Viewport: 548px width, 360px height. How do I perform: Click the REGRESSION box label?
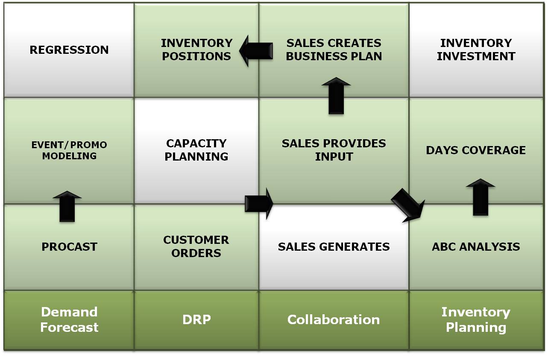click(x=69, y=50)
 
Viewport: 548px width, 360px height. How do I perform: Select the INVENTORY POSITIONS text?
click(x=196, y=50)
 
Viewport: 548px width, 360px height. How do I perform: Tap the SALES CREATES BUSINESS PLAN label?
click(x=334, y=50)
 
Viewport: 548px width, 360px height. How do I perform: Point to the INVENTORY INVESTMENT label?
click(x=476, y=50)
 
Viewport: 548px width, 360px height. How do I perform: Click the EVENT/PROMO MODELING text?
click(x=69, y=150)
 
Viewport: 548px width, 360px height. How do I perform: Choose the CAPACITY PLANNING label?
click(x=196, y=150)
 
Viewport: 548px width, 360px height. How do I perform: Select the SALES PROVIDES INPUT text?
click(x=334, y=150)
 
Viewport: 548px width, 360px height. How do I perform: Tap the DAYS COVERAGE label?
click(x=476, y=150)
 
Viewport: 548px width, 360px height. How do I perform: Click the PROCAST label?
click(x=69, y=247)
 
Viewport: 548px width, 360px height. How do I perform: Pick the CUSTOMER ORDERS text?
click(x=196, y=246)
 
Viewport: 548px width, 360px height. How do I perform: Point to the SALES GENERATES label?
click(x=334, y=247)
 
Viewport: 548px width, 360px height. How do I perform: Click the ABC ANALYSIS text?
click(x=476, y=247)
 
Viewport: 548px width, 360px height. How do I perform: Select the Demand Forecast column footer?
click(x=69, y=320)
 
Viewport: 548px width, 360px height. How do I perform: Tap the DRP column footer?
click(x=196, y=320)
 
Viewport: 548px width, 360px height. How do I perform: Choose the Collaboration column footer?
click(x=334, y=320)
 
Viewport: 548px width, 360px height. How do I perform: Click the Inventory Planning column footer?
click(x=476, y=320)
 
